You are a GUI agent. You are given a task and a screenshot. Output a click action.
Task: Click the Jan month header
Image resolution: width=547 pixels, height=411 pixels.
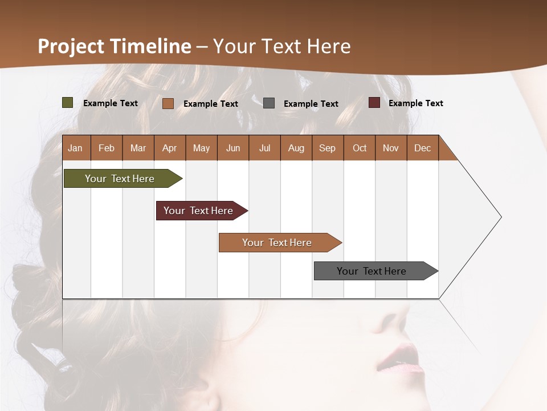[x=76, y=148]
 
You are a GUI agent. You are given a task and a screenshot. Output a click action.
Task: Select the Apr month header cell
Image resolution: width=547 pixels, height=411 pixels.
[x=170, y=148]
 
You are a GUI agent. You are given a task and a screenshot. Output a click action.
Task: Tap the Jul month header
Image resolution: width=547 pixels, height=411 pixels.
[x=264, y=148]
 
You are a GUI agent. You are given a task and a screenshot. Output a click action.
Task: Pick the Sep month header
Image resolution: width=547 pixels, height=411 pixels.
[x=327, y=148]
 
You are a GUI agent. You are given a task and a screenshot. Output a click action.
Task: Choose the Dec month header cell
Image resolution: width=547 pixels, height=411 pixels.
[x=422, y=148]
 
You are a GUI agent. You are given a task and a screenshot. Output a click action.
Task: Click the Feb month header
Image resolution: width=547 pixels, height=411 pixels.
[x=107, y=148]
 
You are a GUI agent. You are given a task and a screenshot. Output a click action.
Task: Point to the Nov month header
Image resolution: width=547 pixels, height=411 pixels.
[x=391, y=148]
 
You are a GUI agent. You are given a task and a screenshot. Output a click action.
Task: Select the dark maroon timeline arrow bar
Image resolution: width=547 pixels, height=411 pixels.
[x=199, y=211]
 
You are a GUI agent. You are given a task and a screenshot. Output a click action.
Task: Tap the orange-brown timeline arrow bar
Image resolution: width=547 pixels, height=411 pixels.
[x=278, y=243]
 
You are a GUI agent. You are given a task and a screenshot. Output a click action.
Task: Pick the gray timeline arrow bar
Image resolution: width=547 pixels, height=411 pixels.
[x=373, y=271]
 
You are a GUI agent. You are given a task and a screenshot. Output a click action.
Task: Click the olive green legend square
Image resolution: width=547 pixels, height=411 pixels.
[x=68, y=103]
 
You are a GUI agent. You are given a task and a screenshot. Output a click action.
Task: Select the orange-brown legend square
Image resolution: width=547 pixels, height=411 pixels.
[x=168, y=103]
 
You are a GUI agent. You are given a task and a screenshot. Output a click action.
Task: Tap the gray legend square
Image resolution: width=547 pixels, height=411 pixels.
[x=269, y=103]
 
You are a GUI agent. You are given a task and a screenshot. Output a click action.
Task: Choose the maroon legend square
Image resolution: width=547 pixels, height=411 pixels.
[x=374, y=103]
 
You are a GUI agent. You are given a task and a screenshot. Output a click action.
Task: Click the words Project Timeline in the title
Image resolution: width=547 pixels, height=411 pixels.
[x=115, y=46]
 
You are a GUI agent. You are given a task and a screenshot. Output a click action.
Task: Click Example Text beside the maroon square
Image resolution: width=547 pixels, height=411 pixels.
[x=415, y=103]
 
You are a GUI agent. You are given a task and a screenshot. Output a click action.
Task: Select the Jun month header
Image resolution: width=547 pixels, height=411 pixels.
[x=233, y=148]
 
